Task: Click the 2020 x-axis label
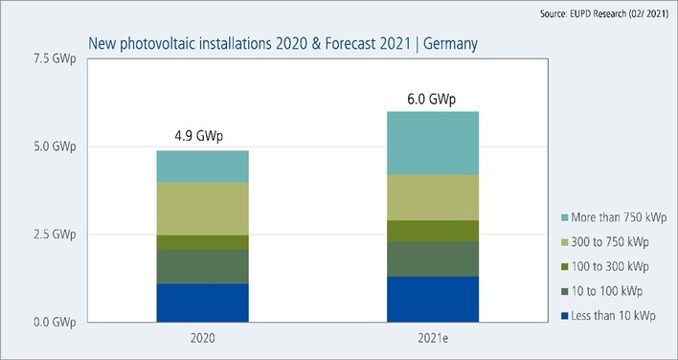click(x=203, y=340)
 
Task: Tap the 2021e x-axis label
click(x=432, y=340)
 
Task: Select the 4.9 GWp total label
click(x=203, y=135)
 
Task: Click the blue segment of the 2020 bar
click(x=203, y=303)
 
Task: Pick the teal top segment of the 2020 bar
click(x=203, y=167)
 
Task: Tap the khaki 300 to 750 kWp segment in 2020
click(x=203, y=209)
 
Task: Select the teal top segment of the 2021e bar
click(x=432, y=143)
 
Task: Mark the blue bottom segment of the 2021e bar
click(x=432, y=299)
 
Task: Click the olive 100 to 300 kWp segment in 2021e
click(x=432, y=231)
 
